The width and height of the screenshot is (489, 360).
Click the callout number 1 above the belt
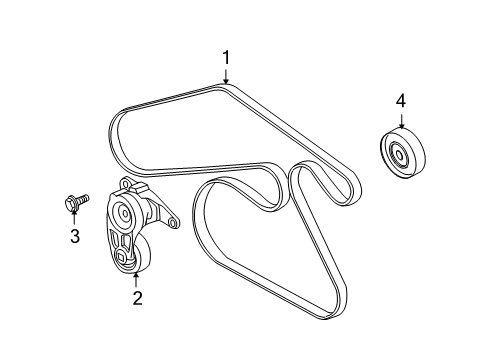point(226,58)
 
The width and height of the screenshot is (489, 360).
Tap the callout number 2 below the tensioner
point(138,296)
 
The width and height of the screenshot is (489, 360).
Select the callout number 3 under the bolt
point(74,235)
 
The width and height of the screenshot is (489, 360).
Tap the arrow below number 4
point(400,120)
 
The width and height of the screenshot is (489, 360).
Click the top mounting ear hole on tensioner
point(123,185)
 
